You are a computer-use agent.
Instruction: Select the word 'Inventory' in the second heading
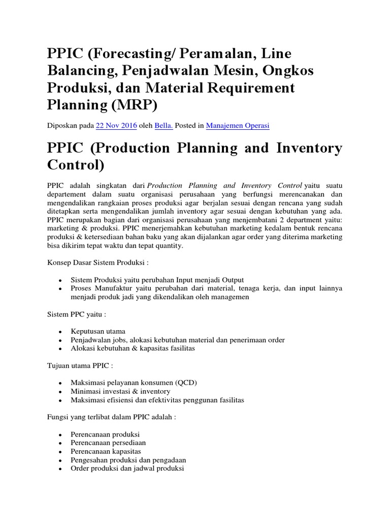click(x=308, y=148)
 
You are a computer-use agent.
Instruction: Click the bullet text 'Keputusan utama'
click(x=98, y=331)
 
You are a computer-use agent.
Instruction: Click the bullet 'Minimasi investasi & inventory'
click(x=120, y=391)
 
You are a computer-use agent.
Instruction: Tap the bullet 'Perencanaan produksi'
click(x=105, y=434)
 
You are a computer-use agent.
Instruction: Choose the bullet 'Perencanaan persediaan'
click(x=108, y=443)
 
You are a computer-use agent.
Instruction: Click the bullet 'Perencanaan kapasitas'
click(x=106, y=451)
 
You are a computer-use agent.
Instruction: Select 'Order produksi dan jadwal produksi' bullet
click(x=127, y=469)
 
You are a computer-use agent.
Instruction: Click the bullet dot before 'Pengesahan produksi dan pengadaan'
click(x=60, y=460)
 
